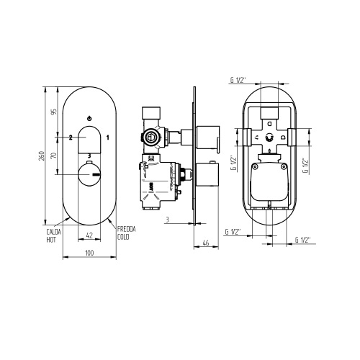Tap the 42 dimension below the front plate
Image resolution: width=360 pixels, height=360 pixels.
click(x=89, y=235)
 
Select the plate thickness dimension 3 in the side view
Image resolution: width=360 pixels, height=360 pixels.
click(x=166, y=218)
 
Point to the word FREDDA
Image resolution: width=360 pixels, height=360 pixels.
click(x=126, y=229)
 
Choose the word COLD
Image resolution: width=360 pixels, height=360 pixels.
click(x=125, y=236)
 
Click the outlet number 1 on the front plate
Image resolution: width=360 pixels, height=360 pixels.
click(x=107, y=136)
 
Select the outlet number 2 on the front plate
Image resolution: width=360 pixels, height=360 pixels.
click(x=70, y=136)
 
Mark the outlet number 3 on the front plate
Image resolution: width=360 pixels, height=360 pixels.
click(x=89, y=155)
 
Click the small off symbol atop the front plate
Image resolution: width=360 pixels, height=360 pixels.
click(x=89, y=117)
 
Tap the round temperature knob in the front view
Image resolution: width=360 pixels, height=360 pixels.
click(x=89, y=174)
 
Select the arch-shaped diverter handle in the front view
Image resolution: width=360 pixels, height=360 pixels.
click(x=89, y=140)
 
